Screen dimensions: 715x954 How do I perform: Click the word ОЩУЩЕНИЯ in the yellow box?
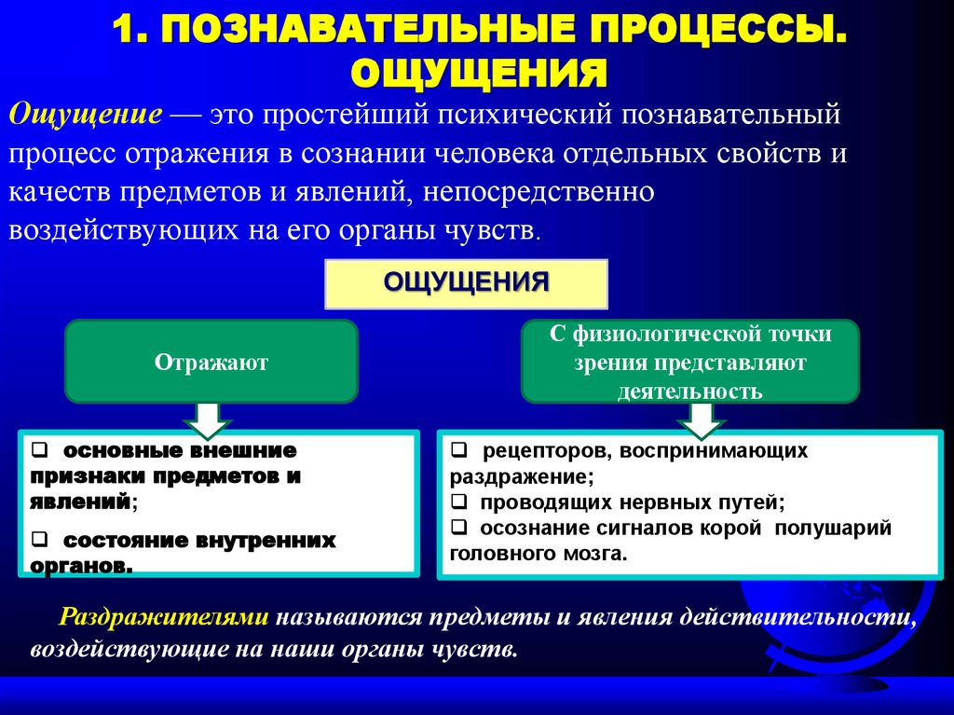(467, 282)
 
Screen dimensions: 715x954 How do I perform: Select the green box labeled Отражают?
(211, 362)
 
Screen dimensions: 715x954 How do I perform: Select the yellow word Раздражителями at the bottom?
(165, 617)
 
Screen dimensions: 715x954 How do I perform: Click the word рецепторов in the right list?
(530, 452)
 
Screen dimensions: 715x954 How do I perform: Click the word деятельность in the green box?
(689, 392)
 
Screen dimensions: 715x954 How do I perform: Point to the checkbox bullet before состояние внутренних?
(38, 541)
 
